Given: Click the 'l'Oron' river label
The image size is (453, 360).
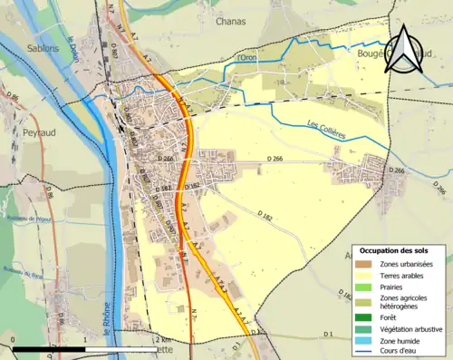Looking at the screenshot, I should [x=246, y=59].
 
